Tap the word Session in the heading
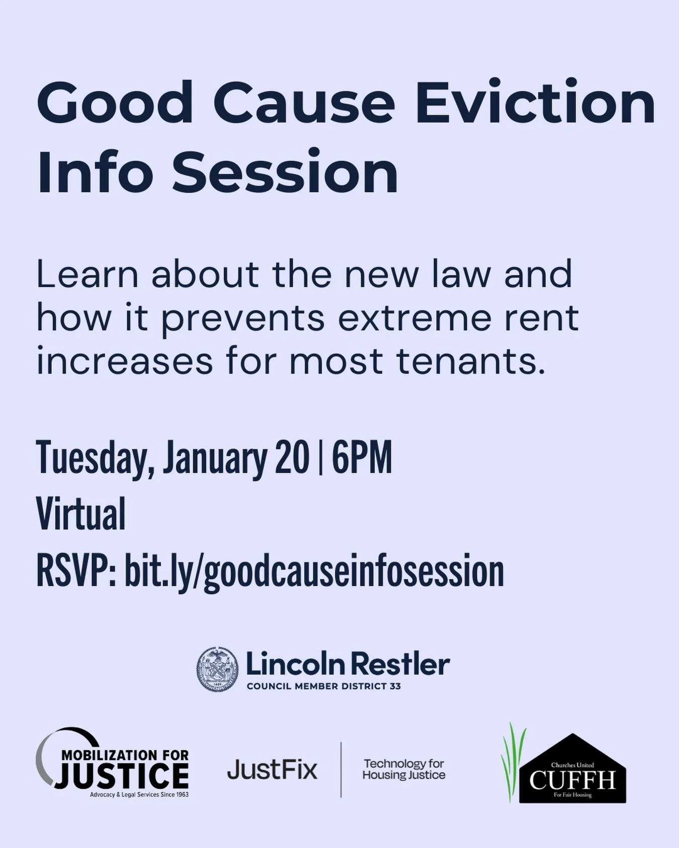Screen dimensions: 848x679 285,171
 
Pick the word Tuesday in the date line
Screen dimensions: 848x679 95,459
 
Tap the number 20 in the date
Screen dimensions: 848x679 292,458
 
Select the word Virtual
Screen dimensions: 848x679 81,514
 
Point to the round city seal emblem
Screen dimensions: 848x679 217,669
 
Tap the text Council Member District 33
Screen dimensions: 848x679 323,687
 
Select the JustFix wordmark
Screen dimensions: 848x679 272,770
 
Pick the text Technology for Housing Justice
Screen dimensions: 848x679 404,770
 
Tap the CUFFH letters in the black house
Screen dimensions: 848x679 572,781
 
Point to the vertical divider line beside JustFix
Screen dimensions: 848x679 341,769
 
